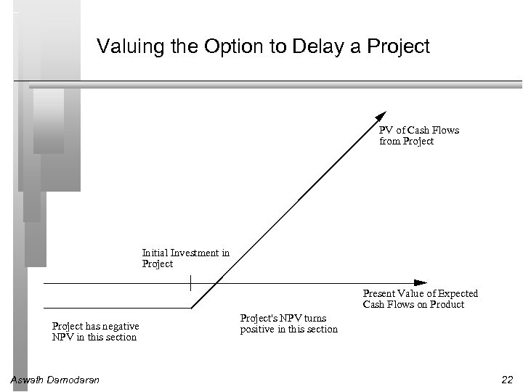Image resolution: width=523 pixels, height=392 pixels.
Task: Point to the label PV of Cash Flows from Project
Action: pyautogui.click(x=419, y=136)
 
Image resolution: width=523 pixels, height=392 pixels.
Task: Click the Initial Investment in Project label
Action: pyautogui.click(x=185, y=258)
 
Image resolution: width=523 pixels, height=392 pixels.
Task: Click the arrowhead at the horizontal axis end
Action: pyautogui.click(x=420, y=282)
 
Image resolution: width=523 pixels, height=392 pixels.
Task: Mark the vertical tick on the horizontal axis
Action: pyautogui.click(x=190, y=282)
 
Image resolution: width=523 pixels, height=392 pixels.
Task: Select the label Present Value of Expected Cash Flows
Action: pyautogui.click(x=421, y=299)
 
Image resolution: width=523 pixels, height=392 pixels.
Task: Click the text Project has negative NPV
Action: pyautogui.click(x=95, y=332)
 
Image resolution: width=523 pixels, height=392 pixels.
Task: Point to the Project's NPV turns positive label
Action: pyautogui.click(x=288, y=324)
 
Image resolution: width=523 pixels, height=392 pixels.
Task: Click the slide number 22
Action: pyautogui.click(x=506, y=380)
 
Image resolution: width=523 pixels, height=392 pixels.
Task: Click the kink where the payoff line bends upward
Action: pyautogui.click(x=191, y=307)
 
